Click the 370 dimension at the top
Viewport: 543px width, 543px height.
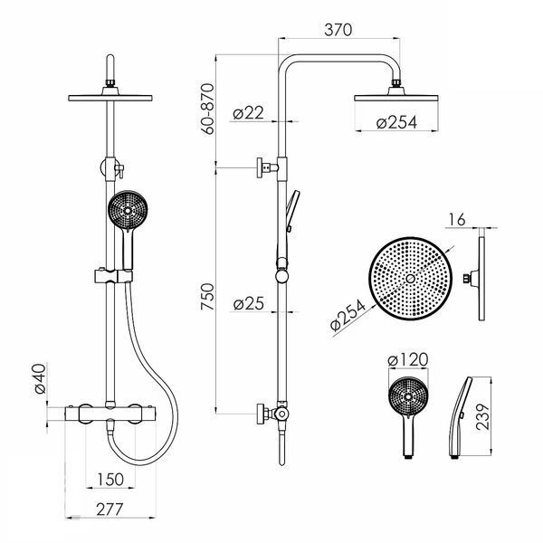[x=338, y=30]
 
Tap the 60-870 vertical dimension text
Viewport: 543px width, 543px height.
[x=207, y=109]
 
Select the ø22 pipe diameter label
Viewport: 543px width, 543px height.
[x=248, y=113]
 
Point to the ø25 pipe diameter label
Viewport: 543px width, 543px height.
[x=248, y=303]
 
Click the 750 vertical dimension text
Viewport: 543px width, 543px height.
[x=207, y=297]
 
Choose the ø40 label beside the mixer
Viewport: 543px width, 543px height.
[x=40, y=379]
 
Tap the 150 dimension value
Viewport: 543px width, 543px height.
[x=110, y=480]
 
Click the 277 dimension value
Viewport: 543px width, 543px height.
[x=110, y=510]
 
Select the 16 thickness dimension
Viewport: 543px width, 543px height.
[x=457, y=220]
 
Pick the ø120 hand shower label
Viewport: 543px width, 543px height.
[x=408, y=359]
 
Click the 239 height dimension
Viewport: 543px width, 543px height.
[x=482, y=416]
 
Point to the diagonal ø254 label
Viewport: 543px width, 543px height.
[x=348, y=315]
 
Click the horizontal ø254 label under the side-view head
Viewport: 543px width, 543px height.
[x=396, y=122]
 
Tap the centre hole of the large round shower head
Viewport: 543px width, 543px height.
[x=410, y=279]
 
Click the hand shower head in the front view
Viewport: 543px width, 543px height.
[x=128, y=210]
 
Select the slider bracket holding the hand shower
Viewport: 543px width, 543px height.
[x=113, y=276]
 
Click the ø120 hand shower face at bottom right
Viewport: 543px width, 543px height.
[x=408, y=396]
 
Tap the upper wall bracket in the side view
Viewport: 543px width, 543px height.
[x=267, y=168]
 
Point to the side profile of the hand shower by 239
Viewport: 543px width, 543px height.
[x=459, y=418]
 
